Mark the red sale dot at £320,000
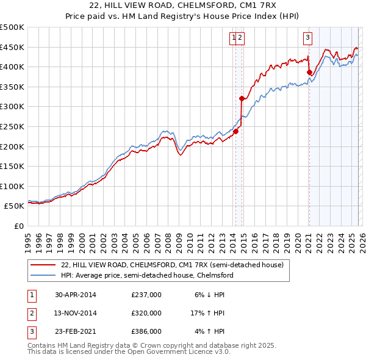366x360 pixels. (242, 98)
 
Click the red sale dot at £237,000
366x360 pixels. (235, 131)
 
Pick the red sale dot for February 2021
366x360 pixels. (309, 72)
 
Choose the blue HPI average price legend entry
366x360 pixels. (146, 276)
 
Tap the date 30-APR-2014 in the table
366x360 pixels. (75, 294)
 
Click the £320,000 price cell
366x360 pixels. (146, 313)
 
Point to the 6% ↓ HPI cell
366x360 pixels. (209, 294)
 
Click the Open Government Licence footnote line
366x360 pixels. (129, 352)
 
